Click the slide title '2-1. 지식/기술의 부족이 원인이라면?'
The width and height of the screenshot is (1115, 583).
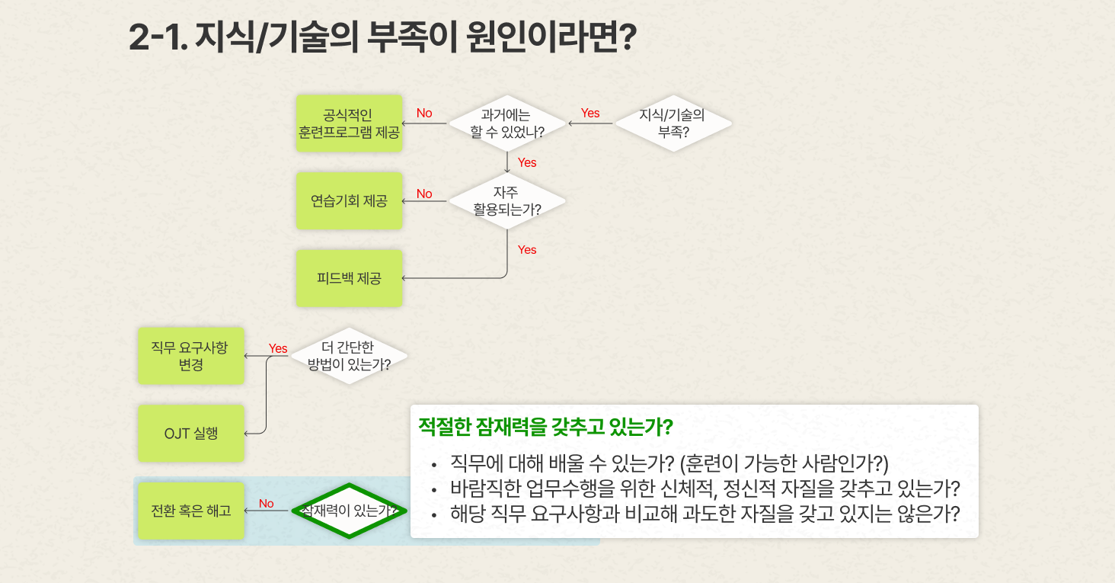(382, 37)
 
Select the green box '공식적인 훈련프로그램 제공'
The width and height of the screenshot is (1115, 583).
(349, 123)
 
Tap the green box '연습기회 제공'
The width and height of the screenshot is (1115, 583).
(349, 201)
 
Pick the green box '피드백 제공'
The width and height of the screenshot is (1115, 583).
(349, 278)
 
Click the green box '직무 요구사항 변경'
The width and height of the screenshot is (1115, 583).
(191, 356)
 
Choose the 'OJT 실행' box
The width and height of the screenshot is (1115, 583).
(191, 433)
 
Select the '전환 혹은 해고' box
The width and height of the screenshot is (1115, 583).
(191, 511)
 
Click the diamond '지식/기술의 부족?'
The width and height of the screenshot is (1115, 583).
(673, 123)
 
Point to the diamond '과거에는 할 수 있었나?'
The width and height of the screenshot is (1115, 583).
(507, 123)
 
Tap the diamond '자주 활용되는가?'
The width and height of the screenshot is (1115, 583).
(507, 201)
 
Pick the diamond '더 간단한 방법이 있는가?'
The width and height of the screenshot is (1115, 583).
(349, 356)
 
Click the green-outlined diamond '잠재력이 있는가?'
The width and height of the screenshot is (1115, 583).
(349, 511)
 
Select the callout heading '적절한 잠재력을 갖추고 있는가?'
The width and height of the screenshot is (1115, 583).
(545, 427)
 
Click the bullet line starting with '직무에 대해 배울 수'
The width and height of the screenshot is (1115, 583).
(669, 463)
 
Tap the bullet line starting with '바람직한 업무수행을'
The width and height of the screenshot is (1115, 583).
(704, 489)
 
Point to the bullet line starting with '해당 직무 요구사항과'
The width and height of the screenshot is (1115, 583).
(704, 514)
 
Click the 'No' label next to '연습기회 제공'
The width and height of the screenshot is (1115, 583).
(424, 194)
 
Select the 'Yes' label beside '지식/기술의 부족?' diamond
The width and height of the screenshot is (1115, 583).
(590, 113)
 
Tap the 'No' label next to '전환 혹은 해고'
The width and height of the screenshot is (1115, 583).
(267, 504)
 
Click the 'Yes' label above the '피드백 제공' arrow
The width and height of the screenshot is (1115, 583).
(527, 250)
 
